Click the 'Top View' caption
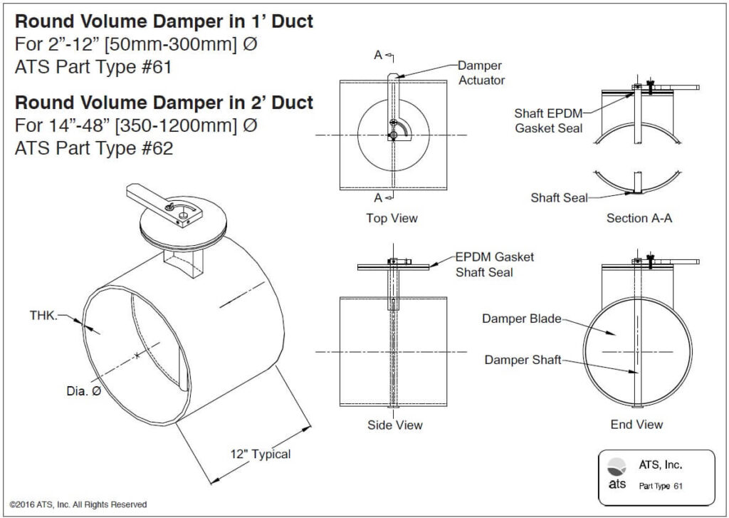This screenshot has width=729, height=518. pos(392,218)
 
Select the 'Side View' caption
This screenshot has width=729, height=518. pos(394,425)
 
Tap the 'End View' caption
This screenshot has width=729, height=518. pos(636,425)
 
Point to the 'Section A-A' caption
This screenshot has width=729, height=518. pos(639,218)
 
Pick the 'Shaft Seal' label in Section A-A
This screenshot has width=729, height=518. pos(559,198)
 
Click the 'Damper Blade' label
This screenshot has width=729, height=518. pos(521,318)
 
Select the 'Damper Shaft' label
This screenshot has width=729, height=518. pos(523,360)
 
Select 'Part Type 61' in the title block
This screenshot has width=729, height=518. pos(661,486)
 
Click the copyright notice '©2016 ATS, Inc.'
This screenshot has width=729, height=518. pos(78,504)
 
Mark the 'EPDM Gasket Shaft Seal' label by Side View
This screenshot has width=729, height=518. pos(494,264)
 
